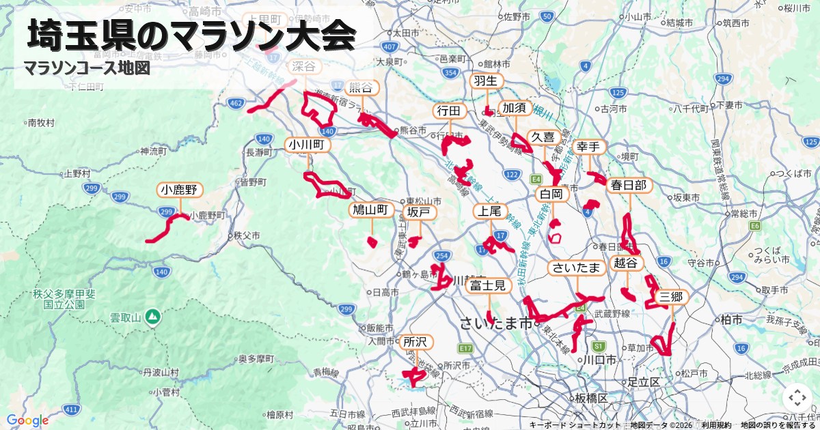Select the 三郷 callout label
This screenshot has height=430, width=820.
[670, 297]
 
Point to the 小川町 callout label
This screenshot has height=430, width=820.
[309, 145]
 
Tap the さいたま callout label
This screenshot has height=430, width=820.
[577, 268]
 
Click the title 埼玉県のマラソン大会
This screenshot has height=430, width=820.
[191, 35]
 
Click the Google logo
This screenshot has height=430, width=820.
[27, 420]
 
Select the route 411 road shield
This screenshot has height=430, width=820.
[70, 409]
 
